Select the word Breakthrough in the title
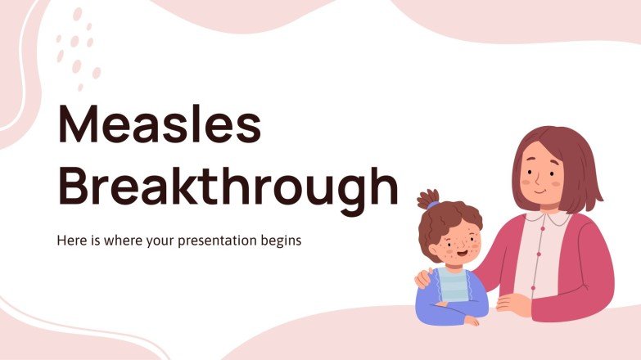point(227,187)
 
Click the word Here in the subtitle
point(70,242)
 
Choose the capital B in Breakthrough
point(74,186)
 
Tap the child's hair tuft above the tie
point(427,196)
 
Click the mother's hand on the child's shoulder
point(423,278)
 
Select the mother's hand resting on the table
point(514,304)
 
